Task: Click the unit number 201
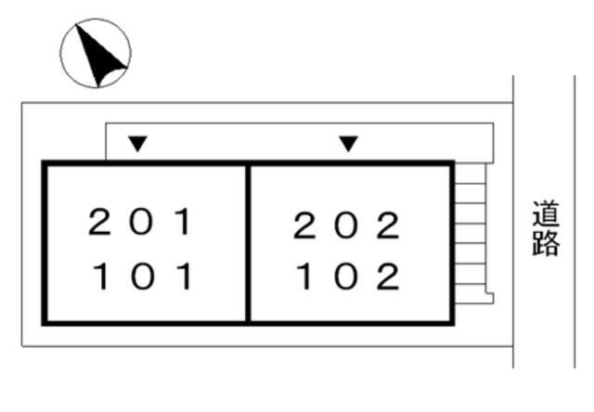coord(140,222)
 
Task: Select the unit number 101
coord(142,277)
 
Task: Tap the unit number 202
coord(346,225)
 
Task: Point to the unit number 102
coord(348,277)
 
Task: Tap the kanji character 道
coord(546,213)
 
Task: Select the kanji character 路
coord(546,243)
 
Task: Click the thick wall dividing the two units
coord(248,243)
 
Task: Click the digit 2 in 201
coord(99,222)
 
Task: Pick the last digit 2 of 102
coord(388,277)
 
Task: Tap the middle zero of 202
coord(346,225)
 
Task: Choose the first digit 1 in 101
coord(101,277)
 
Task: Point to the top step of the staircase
coord(471,174)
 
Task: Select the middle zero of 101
coord(143,277)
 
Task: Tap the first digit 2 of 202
coord(304,225)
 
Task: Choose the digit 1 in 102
coord(304,277)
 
